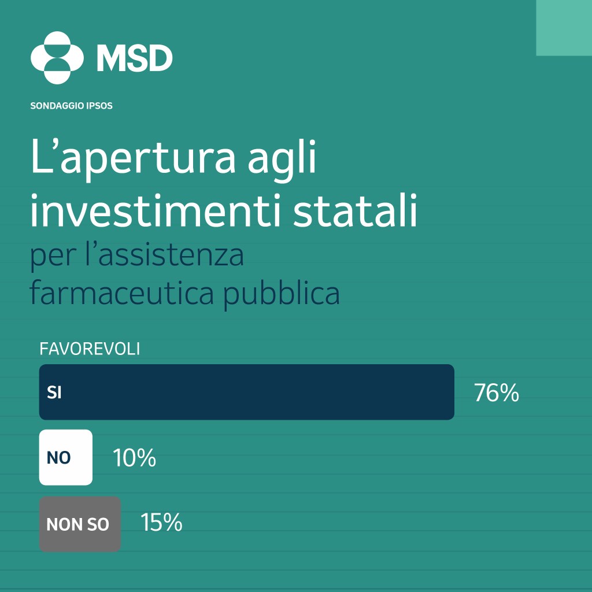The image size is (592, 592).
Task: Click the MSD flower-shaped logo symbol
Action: tap(57, 58)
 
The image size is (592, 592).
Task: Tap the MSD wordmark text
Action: tap(134, 58)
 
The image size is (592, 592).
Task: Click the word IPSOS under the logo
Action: tap(99, 106)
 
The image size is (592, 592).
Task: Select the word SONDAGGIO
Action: tap(57, 106)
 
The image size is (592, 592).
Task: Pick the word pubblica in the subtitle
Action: tap(282, 294)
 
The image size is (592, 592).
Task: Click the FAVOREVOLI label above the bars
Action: tap(90, 349)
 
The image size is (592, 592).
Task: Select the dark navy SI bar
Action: tap(246, 392)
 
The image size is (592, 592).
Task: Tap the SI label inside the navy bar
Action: tap(54, 393)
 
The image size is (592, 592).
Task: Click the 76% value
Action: tap(497, 393)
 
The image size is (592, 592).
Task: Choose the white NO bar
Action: tap(66, 457)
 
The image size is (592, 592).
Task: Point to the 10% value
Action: tap(134, 458)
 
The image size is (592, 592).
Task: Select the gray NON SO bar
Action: tap(80, 524)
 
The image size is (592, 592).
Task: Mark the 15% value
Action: tap(162, 523)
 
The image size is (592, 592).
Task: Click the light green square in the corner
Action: tap(564, 28)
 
